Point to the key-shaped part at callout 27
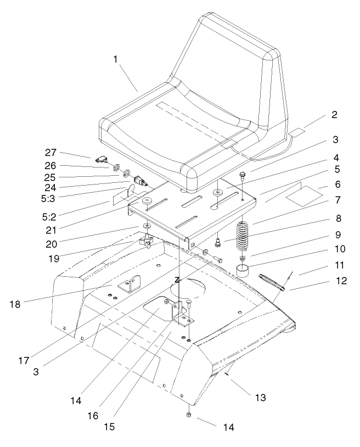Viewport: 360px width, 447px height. click(103, 160)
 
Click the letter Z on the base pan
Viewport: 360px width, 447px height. click(177, 280)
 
